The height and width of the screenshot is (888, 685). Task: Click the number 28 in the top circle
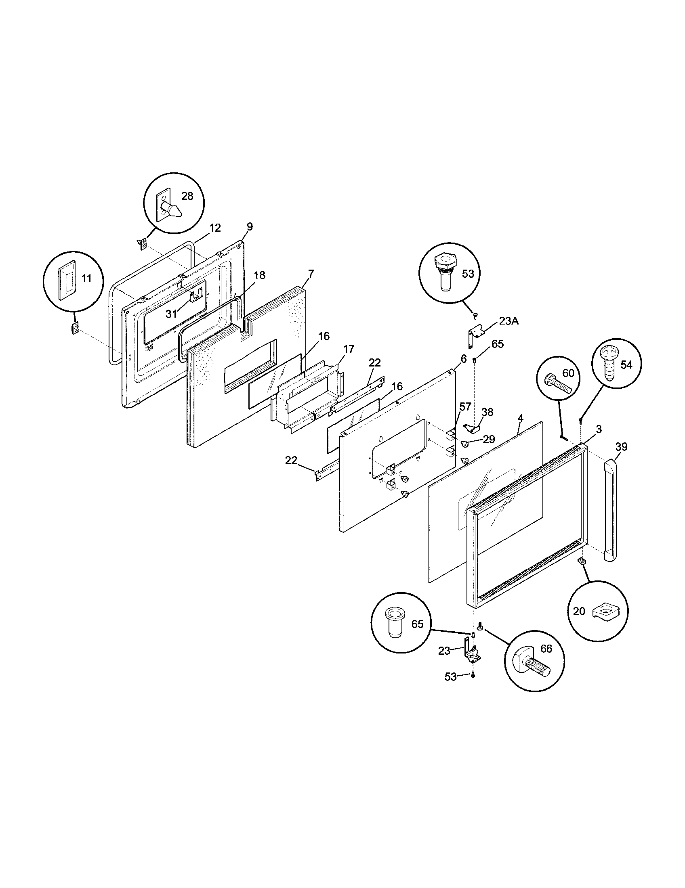[187, 196]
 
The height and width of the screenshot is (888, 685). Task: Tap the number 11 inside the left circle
[86, 279]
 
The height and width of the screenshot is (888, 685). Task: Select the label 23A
[509, 321]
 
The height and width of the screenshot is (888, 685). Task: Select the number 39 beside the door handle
[621, 447]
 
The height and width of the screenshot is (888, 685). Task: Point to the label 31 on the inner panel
[171, 314]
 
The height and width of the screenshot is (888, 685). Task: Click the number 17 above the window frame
[349, 349]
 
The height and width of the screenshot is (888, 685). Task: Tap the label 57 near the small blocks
[465, 406]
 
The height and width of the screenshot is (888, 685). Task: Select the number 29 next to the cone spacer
[489, 439]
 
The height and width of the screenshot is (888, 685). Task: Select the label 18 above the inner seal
[260, 275]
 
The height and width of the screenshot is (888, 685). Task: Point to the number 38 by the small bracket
[487, 412]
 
